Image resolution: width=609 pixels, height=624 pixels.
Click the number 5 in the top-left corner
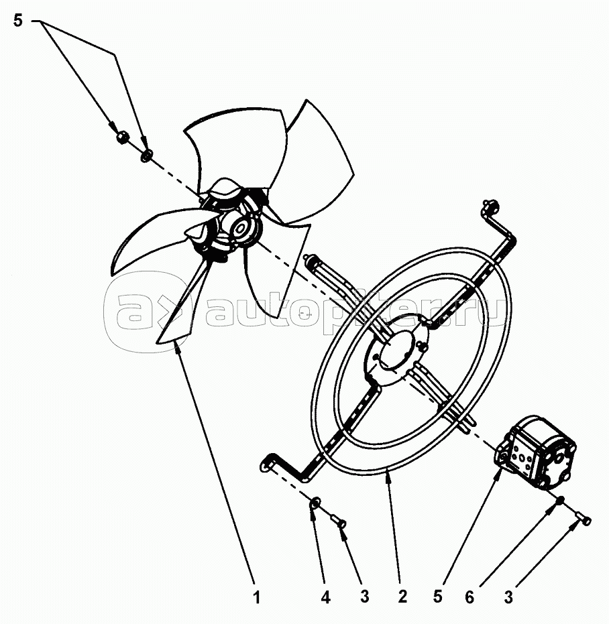click(x=18, y=21)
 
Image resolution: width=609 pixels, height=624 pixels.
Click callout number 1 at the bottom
click(x=257, y=597)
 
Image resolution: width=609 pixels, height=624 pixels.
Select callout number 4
click(x=325, y=597)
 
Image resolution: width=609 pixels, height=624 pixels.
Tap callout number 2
click(x=402, y=597)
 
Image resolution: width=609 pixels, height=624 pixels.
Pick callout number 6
click(x=469, y=597)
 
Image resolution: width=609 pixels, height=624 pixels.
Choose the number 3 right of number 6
click(x=508, y=597)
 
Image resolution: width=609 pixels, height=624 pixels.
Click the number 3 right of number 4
click(x=364, y=597)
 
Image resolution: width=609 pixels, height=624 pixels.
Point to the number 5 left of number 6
click(x=438, y=597)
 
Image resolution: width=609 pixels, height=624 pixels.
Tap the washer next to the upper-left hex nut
click(x=146, y=155)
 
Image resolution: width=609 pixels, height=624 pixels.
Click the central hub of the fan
click(x=239, y=228)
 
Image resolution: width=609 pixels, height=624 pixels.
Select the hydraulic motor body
click(x=536, y=450)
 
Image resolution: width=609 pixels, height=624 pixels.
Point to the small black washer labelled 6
click(x=560, y=500)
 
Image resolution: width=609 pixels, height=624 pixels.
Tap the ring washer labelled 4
click(x=315, y=503)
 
